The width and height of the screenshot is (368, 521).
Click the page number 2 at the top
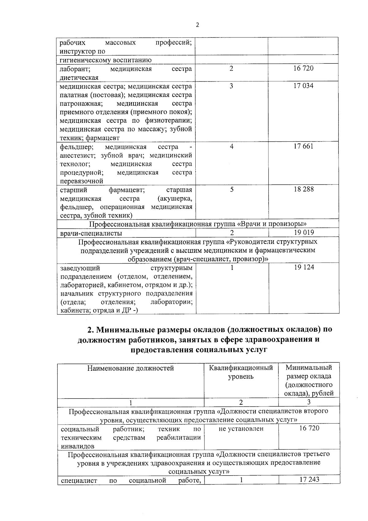pos(197,25)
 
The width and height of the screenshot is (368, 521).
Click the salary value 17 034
pos(303,86)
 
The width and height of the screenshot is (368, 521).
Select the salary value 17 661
pos(303,146)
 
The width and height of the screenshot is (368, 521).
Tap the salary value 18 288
pos(304,189)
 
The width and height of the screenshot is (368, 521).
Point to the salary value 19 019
pos(304,233)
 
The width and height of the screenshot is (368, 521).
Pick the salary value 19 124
pos(304,267)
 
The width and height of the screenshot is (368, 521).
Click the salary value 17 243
pos(309,479)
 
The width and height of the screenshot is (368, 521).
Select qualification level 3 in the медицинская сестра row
pos(231,86)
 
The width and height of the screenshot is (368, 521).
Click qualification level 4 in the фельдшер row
pos(232,146)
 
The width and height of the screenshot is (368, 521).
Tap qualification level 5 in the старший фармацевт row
pos(232,189)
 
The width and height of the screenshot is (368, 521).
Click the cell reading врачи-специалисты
pos(91,233)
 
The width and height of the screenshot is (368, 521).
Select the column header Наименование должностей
pos(131,368)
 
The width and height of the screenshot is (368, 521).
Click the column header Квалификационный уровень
pos(241,372)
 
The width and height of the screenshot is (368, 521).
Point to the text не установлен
pos(241,429)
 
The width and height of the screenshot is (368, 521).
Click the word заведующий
pos(80,268)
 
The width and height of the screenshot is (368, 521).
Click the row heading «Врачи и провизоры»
pos(198,224)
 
